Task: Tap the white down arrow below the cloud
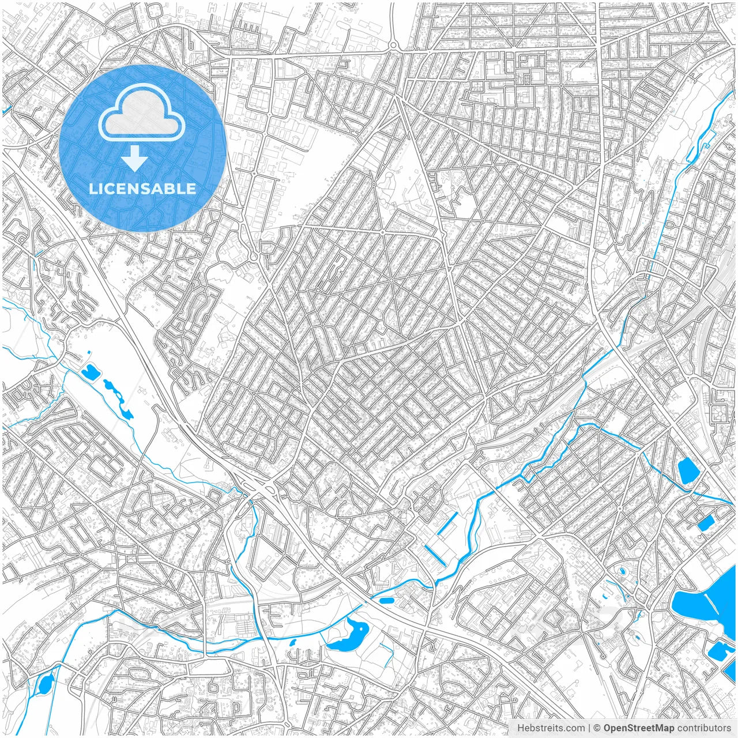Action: pyautogui.click(x=135, y=159)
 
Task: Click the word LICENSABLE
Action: pyautogui.click(x=142, y=189)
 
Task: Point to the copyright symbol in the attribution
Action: pyautogui.click(x=598, y=728)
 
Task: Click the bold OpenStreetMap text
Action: pyautogui.click(x=639, y=728)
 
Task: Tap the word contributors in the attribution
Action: pyautogui.click(x=704, y=728)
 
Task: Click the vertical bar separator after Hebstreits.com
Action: pyautogui.click(x=589, y=728)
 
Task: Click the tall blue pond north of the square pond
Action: pyautogui.click(x=687, y=470)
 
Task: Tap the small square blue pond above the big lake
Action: pyautogui.click(x=706, y=523)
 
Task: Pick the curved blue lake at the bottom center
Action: pyautogui.click(x=349, y=634)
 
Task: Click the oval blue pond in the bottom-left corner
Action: pyautogui.click(x=44, y=684)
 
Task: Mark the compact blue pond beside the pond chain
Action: pyautogui.click(x=90, y=373)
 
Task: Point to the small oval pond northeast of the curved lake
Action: pyautogui.click(x=386, y=601)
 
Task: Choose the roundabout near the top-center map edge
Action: pyautogui.click(x=393, y=45)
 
